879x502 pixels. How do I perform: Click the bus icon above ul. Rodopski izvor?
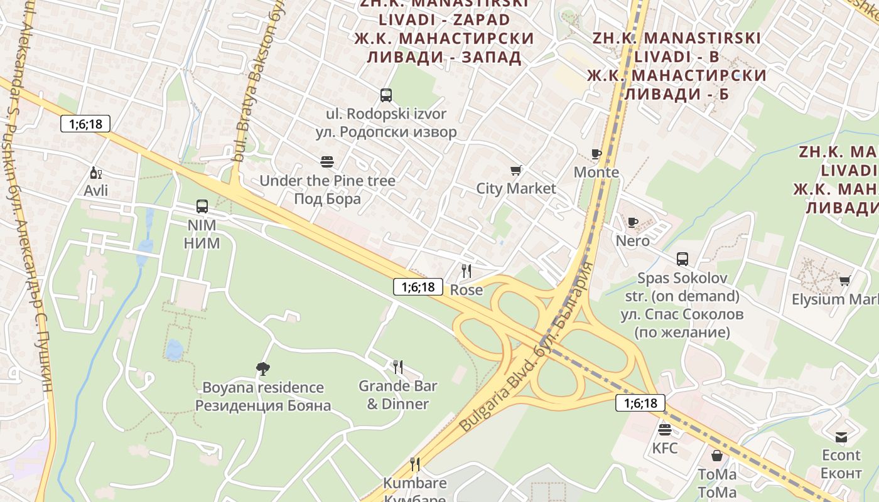pos(386,95)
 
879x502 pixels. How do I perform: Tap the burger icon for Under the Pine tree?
pos(327,162)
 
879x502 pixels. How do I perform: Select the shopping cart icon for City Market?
pos(516,170)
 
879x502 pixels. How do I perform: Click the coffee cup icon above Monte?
pos(596,154)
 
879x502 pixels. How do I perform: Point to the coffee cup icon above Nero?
pos(633,222)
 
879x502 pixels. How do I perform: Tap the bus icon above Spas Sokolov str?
pos(682,259)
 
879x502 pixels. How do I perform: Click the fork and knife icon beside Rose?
pos(466,271)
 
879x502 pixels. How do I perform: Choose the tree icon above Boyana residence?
pos(263,368)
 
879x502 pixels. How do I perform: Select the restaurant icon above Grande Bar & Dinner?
pos(397,366)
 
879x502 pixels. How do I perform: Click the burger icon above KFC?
pos(665,430)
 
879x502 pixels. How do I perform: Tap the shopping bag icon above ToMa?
pos(717,456)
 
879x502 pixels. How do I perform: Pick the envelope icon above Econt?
pos(841,437)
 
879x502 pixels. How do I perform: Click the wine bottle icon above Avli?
pos(95,173)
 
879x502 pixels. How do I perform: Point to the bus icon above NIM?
pos(202,206)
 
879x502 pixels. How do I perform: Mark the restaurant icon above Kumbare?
pos(415,464)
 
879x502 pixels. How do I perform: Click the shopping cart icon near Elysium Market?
pos(845,280)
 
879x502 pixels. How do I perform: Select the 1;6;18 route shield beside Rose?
pos(414,287)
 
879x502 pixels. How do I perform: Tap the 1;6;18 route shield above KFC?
pos(640,403)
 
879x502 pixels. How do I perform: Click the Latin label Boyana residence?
pos(263,387)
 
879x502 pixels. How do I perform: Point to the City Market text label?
pos(516,188)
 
